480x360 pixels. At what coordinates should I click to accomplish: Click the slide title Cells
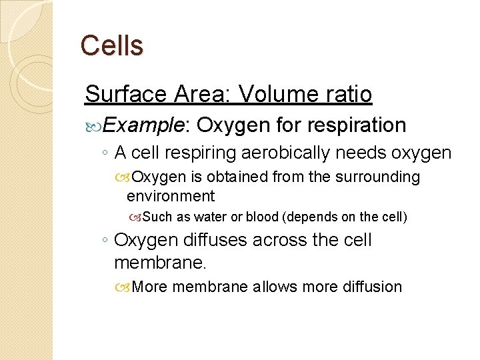(x=111, y=46)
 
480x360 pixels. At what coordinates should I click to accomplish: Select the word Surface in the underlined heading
(x=123, y=94)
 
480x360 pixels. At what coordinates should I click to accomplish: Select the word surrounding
(x=381, y=177)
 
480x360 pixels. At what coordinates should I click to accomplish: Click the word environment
(x=171, y=196)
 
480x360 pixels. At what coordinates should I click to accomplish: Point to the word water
(x=210, y=217)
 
